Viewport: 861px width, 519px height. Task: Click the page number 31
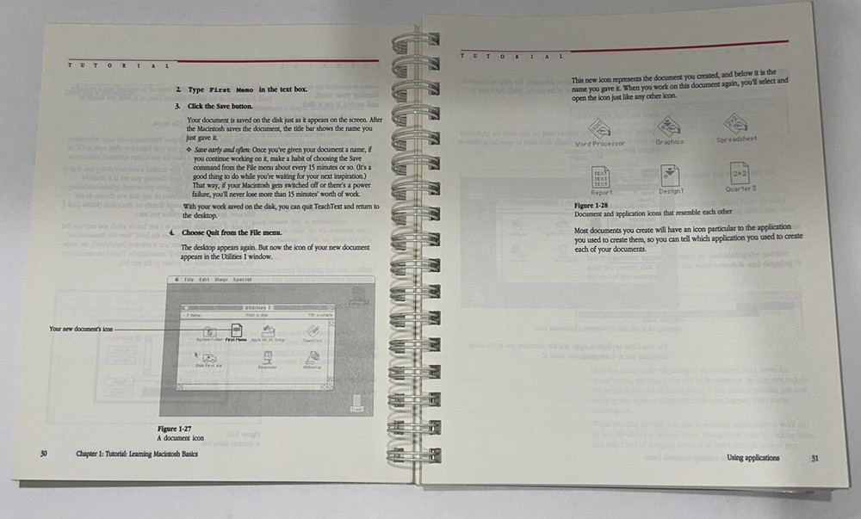815,458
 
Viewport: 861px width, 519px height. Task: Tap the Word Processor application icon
598,129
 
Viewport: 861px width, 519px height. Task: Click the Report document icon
601,179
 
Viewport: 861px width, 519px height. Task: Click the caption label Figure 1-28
592,207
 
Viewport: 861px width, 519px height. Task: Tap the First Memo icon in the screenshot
235,331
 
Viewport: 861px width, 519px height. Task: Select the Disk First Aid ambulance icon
205,357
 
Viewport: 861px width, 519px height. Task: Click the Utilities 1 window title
257,306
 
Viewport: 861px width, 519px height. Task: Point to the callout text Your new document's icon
80,329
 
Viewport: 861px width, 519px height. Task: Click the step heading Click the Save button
218,106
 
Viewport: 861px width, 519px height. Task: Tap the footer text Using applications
753,458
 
